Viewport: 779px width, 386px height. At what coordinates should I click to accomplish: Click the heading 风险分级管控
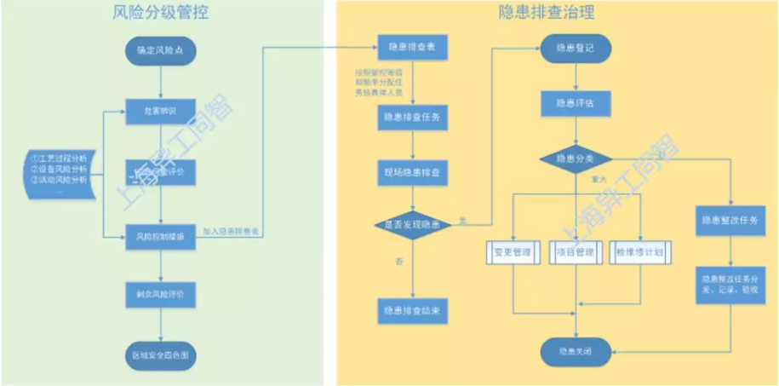tap(161, 14)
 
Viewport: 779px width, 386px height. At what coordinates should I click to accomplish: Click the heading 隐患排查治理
tap(558, 14)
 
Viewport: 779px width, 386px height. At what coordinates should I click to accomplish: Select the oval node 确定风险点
tap(161, 51)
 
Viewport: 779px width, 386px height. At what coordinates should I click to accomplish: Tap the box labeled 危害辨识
tap(161, 111)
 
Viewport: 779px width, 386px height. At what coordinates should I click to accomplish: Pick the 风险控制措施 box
tap(161, 235)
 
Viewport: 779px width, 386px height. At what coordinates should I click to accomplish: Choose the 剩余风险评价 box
tap(161, 294)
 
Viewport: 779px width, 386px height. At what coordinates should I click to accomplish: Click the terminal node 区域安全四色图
tap(161, 353)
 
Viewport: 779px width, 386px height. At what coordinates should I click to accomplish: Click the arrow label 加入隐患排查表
tap(231, 230)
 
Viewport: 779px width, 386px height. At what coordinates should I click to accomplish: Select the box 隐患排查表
tap(412, 45)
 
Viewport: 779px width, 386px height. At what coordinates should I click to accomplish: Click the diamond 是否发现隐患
tap(412, 224)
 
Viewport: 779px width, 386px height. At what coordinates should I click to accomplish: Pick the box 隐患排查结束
tap(412, 310)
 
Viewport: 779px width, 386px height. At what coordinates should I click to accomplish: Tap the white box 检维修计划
tap(640, 252)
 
